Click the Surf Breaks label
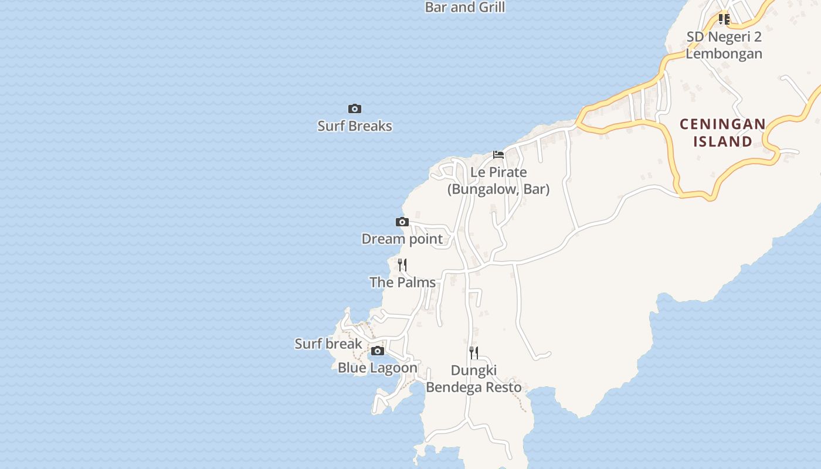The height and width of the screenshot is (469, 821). point(355,126)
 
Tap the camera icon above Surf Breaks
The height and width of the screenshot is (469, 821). point(355,109)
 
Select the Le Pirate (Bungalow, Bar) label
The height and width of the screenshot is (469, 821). point(498,181)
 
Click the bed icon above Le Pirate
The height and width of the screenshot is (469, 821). point(498,155)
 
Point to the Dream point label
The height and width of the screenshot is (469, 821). point(402,239)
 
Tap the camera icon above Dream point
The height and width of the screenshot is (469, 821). point(402,222)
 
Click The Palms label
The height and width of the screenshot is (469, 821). point(403,283)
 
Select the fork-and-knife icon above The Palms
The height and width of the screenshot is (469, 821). point(402,265)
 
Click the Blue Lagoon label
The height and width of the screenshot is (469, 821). point(378,368)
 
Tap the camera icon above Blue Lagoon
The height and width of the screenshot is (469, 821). point(378,351)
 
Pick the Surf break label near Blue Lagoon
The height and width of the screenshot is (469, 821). point(328,344)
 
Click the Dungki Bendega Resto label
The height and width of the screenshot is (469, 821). point(474,379)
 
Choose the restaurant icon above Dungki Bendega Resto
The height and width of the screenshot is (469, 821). point(474,353)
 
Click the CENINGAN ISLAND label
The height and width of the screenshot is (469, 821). point(722,132)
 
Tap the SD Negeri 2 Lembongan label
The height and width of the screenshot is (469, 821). point(724,45)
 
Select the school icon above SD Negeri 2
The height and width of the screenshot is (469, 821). point(724,19)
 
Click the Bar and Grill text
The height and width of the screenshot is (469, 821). point(465,8)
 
